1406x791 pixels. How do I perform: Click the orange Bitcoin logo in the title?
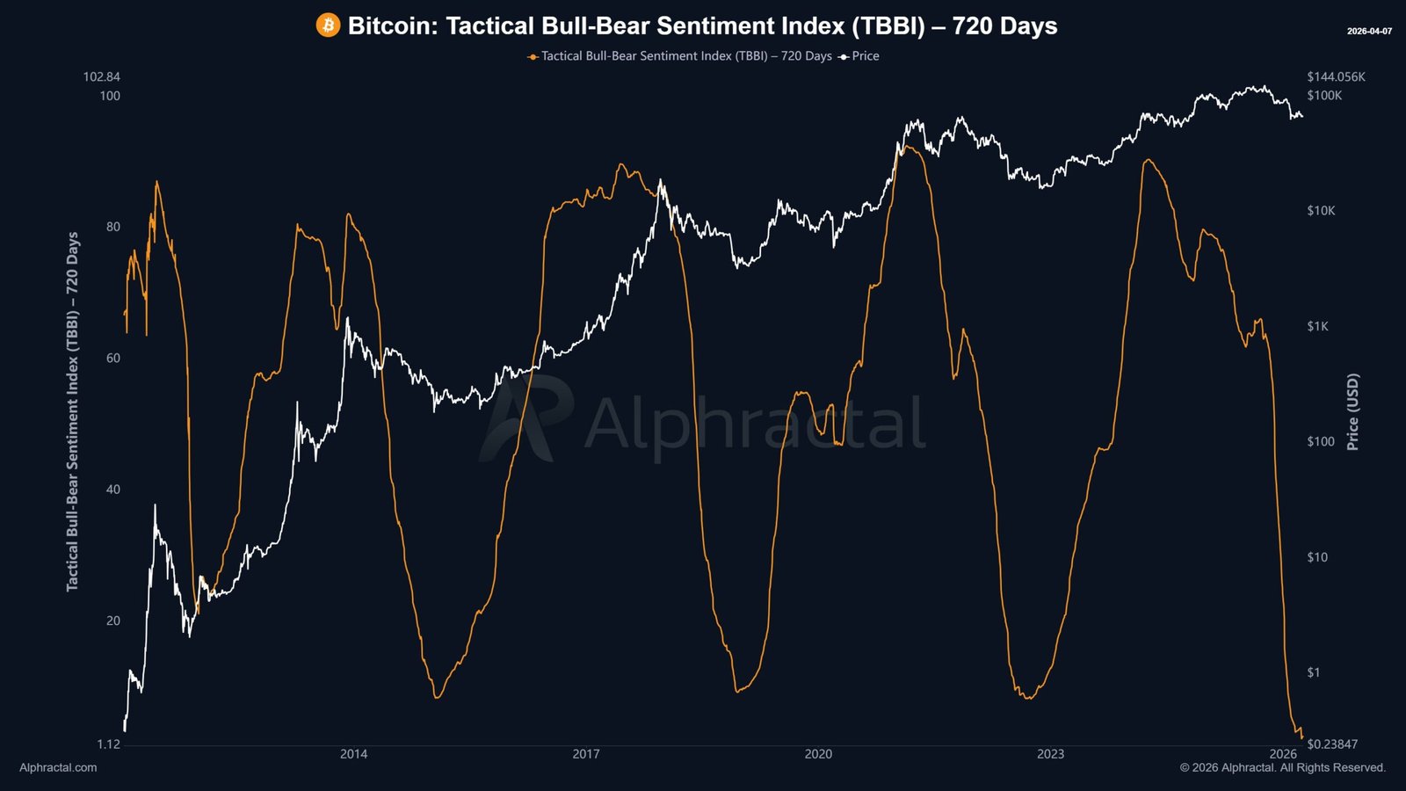[x=328, y=25]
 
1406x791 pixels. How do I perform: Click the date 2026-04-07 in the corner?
[x=1369, y=32]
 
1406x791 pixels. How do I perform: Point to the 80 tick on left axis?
[x=112, y=227]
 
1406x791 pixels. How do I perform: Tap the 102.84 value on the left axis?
[x=102, y=77]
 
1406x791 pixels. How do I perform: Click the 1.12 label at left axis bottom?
[x=108, y=744]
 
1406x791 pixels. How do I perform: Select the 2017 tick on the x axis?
[x=586, y=754]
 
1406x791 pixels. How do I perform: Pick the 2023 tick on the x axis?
[x=1050, y=754]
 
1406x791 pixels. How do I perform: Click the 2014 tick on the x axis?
[x=354, y=754]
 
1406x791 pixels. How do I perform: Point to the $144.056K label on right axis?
[x=1336, y=77]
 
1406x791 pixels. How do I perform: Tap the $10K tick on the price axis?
[x=1321, y=211]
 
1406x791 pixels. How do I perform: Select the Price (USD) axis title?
[x=1352, y=411]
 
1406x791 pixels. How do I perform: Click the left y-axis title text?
[x=72, y=411]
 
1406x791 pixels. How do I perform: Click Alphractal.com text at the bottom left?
[x=58, y=767]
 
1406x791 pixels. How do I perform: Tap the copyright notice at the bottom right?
[x=1282, y=767]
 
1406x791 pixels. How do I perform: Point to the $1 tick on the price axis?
[x=1313, y=672]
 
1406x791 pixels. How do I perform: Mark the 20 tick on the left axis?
[x=112, y=620]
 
